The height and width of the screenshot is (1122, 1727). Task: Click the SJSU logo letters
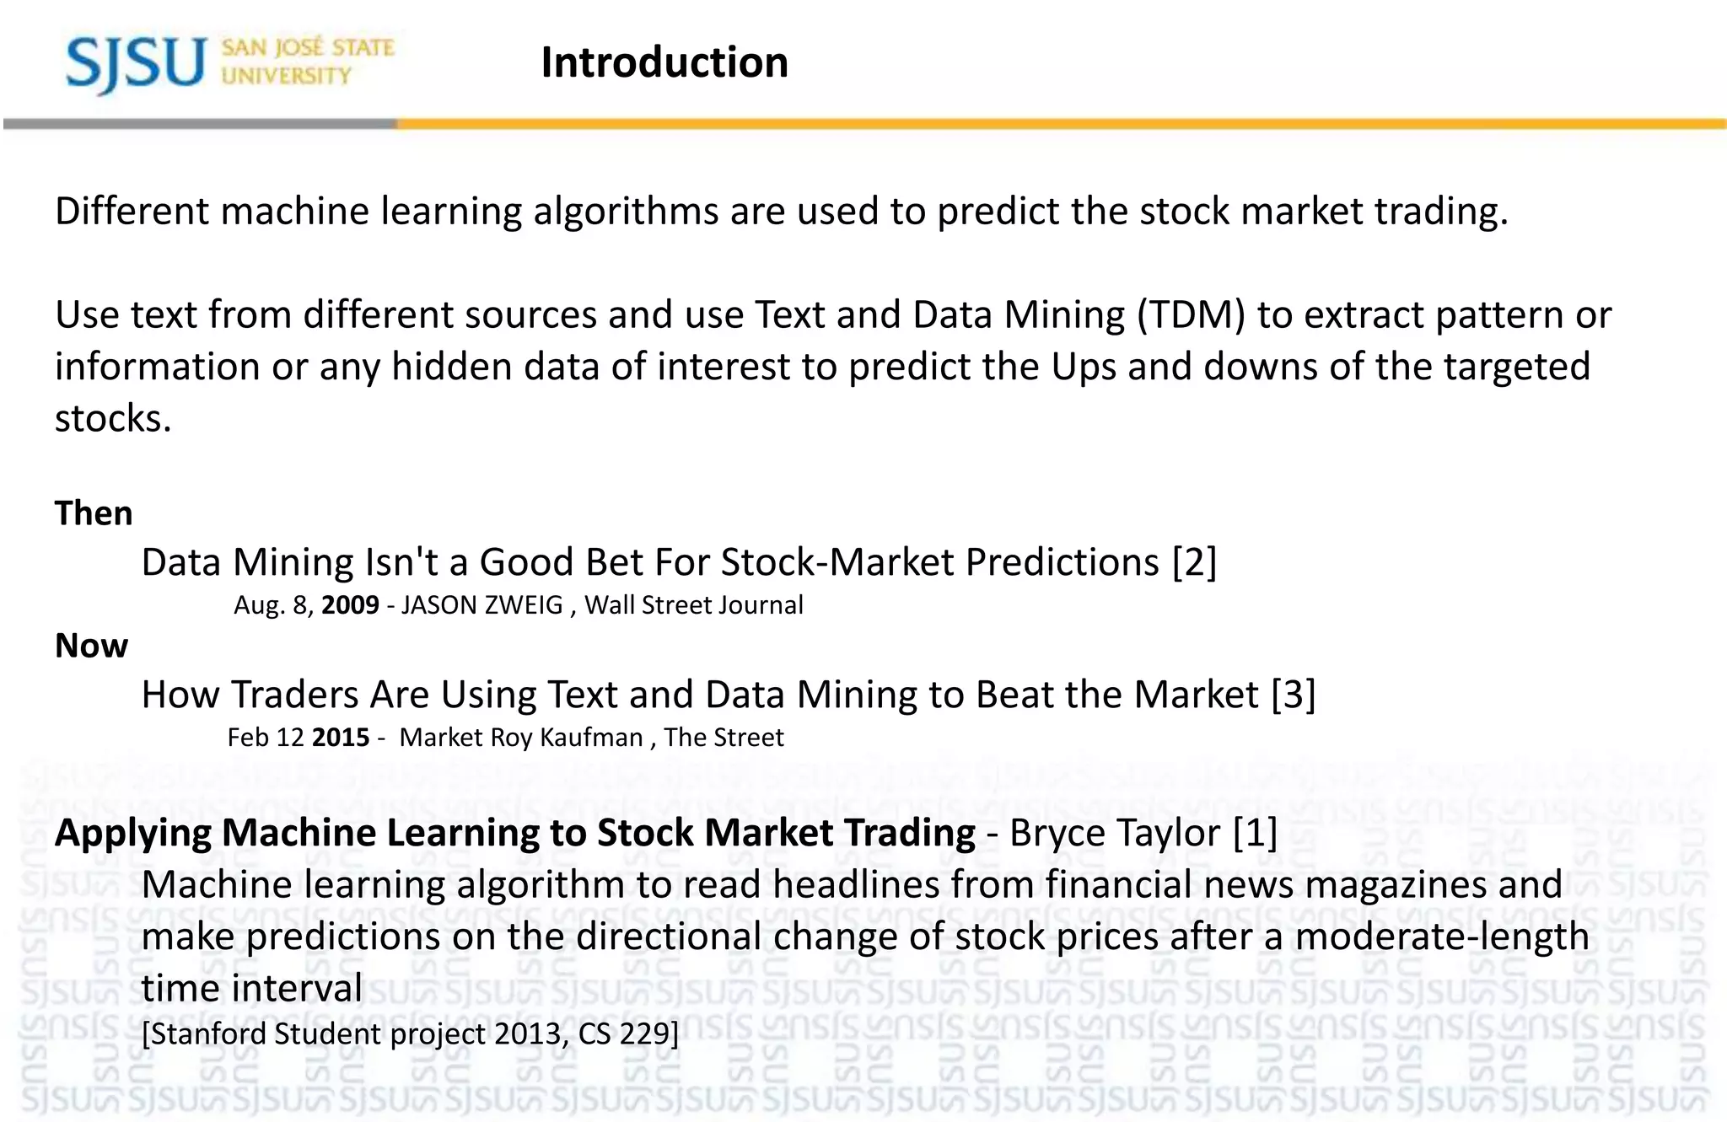135,64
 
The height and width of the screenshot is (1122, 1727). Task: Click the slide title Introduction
664,62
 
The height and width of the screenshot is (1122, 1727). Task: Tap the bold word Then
94,513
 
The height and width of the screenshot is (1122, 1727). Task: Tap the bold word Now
91,646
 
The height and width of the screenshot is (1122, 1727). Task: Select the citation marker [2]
1194,562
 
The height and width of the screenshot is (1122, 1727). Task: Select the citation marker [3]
1293,695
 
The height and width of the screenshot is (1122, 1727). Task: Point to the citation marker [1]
1255,833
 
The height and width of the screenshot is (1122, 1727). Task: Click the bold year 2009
350,605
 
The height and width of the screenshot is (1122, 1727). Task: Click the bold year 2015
341,738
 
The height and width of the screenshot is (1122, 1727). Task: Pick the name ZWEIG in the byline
522,605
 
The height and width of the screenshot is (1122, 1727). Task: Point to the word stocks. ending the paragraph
113,419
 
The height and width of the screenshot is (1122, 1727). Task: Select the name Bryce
1057,833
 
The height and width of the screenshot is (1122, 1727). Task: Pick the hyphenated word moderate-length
1442,937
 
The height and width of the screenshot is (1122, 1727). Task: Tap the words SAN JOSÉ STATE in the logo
308,48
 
